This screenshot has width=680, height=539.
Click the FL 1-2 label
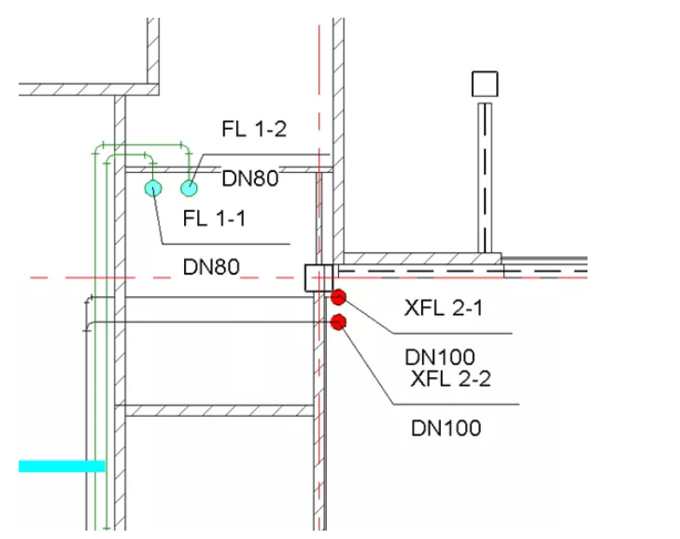254,130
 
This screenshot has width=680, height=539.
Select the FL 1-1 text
214,220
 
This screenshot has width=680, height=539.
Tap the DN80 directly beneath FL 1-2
250,178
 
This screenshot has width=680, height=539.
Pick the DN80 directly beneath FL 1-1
211,267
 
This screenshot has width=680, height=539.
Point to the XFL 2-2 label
451,378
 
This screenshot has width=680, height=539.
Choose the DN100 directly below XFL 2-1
440,357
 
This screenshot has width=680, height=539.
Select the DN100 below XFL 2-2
446,429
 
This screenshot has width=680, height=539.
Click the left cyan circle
153,189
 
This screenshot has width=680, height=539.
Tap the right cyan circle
190,189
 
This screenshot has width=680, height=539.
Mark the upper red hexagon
338,298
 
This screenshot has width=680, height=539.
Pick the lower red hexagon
338,322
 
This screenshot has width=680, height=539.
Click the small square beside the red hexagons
319,277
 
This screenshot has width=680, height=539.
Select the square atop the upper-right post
485,84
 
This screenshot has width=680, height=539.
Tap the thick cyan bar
62,465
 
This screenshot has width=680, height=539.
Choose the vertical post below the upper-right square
485,177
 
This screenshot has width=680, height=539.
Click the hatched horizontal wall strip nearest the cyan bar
220,411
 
